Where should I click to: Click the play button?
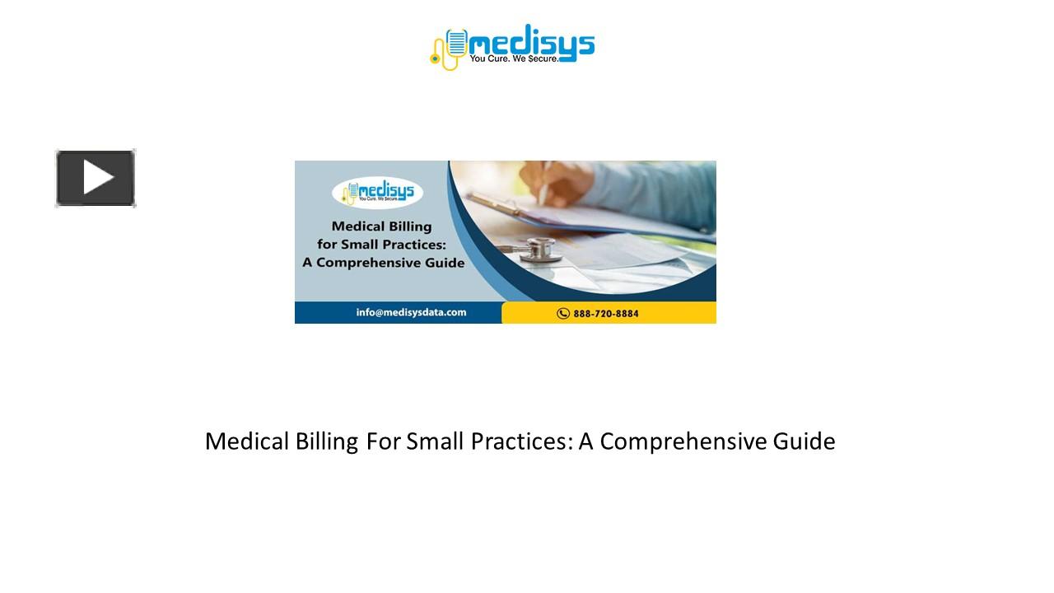[x=96, y=178]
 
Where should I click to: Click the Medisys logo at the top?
[x=512, y=46]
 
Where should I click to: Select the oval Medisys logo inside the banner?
[x=377, y=194]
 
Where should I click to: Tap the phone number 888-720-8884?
[x=606, y=313]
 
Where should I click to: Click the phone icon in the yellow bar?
[x=563, y=313]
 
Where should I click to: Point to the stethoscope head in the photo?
[x=539, y=250]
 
